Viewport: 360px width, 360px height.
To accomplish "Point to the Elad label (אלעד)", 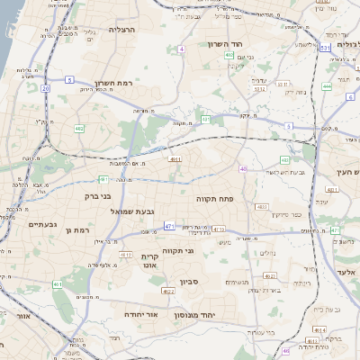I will coord(346,271).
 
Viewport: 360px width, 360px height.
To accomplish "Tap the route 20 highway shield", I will coord(45,88).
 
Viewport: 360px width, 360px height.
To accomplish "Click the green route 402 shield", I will coord(79,129).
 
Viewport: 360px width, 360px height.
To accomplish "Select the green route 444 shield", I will coord(327,86).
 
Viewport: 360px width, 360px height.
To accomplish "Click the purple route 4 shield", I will coord(181,49).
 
